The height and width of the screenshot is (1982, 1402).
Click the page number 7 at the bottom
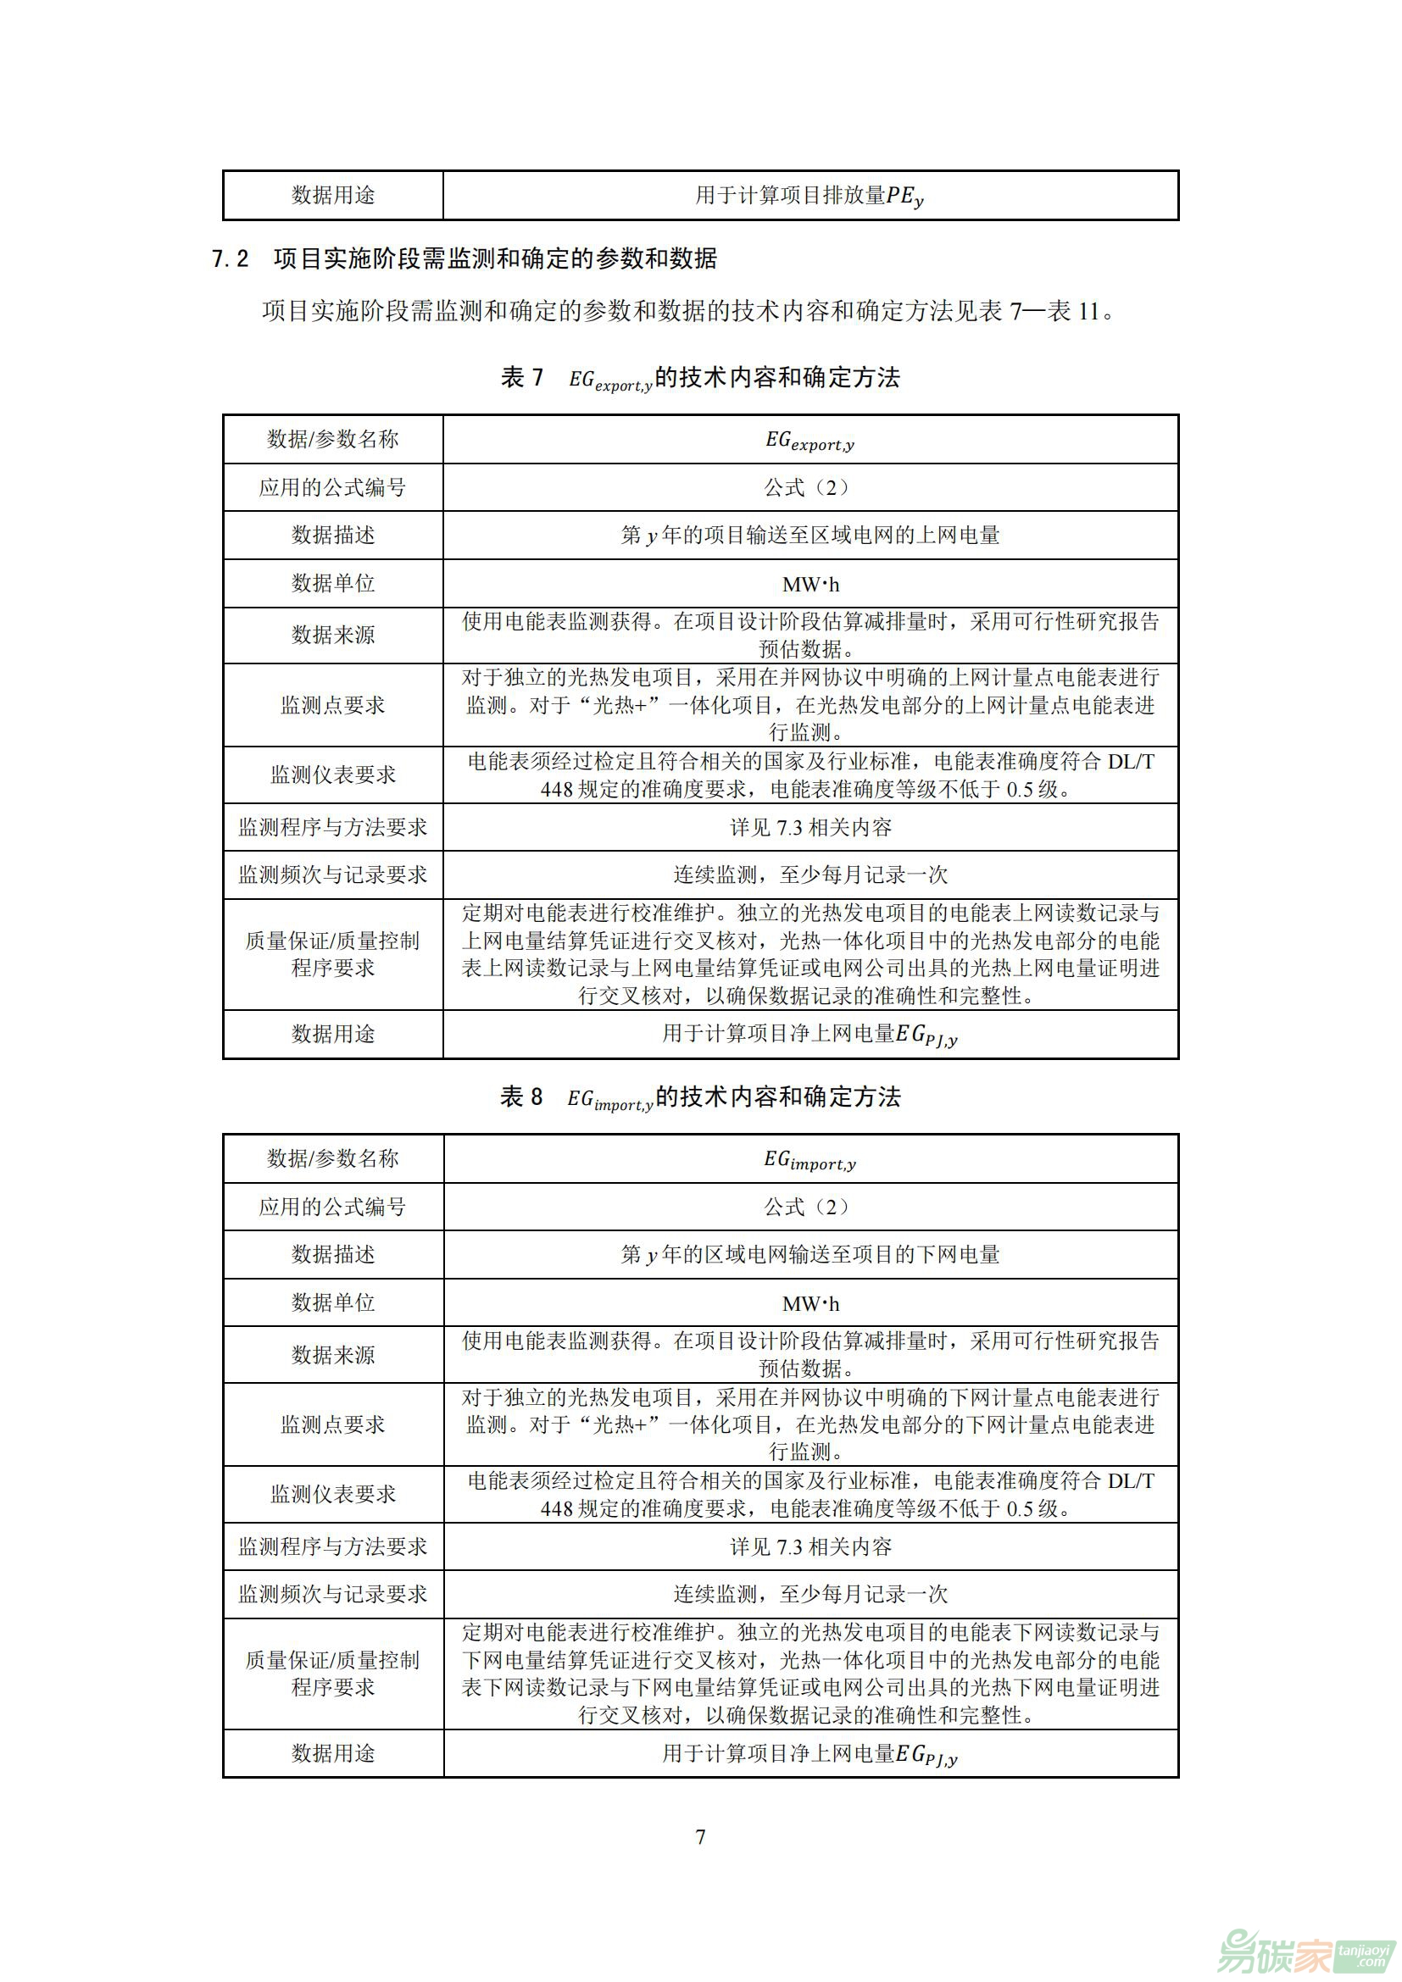700,1837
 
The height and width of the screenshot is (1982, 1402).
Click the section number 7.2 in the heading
231,259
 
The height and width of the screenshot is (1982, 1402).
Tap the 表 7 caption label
521,377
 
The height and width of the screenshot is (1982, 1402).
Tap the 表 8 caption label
521,1096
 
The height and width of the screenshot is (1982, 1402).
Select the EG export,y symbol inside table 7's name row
809,441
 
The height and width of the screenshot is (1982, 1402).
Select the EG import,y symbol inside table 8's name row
809,1160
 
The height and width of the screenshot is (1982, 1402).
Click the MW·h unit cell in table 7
809,585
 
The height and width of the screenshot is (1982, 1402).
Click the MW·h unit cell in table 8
809,1303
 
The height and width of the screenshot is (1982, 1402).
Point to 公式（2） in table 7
809,488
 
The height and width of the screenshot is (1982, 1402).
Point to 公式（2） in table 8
809,1207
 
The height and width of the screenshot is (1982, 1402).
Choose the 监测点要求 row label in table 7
332,705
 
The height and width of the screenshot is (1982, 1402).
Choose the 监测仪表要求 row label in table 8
332,1494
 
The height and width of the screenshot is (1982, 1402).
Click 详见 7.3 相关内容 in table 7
809,828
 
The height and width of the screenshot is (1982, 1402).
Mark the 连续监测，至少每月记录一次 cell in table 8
809,1595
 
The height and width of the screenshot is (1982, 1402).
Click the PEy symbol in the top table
904,197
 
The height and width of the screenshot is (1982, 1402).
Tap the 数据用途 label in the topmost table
332,196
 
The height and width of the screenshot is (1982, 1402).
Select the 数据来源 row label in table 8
332,1354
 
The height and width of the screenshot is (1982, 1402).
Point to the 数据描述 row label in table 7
332,536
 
